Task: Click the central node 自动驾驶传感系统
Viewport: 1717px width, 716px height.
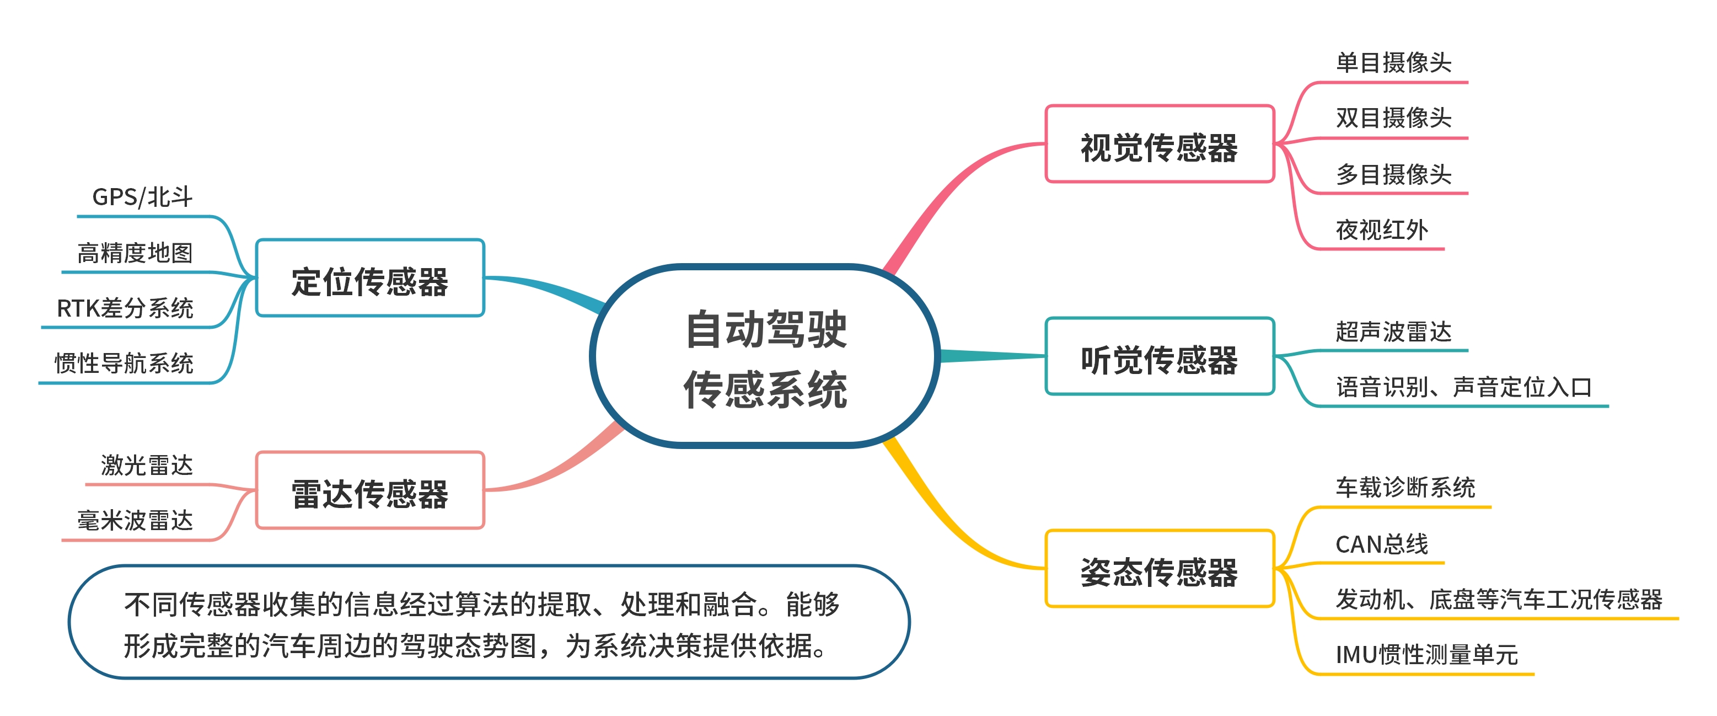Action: (x=765, y=357)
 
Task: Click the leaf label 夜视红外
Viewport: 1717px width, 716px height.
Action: (x=1381, y=230)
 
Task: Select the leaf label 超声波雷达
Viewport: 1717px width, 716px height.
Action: (x=1393, y=332)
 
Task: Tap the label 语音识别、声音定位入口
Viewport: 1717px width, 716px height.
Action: (x=1463, y=387)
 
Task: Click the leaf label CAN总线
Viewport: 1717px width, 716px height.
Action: (x=1381, y=544)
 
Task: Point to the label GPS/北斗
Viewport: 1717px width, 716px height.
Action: (x=142, y=197)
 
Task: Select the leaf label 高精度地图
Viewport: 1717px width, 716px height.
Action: (x=135, y=253)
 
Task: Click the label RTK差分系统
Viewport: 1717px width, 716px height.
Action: (x=125, y=308)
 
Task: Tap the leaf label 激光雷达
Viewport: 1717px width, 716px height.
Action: (x=147, y=464)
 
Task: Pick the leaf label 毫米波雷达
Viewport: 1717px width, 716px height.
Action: (x=135, y=520)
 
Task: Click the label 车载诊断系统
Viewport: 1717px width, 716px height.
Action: (x=1405, y=487)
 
